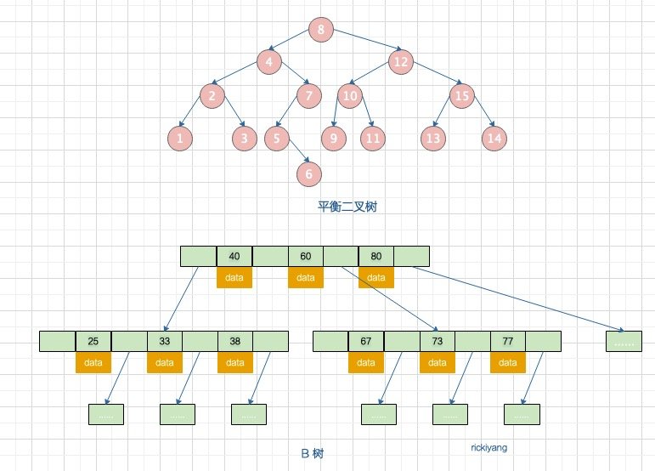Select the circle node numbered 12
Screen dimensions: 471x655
401,61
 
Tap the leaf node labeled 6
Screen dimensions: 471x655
308,173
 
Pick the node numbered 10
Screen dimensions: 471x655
349,96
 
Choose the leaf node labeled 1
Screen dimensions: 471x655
180,137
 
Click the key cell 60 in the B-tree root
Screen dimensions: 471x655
306,256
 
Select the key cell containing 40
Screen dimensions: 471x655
234,256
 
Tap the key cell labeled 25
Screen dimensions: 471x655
93,342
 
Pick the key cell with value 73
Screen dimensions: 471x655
437,342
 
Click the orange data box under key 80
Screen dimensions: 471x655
376,277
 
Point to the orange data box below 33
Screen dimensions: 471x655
165,363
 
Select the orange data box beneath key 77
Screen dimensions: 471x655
508,363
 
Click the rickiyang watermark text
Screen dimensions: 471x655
488,446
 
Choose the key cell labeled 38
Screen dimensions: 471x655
235,342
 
